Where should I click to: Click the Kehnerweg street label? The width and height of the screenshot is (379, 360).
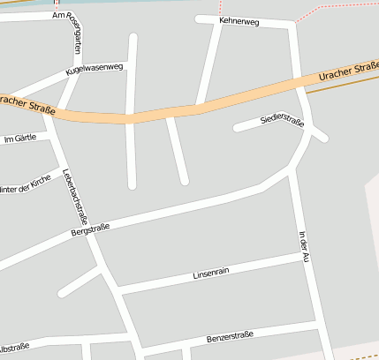(x=239, y=20)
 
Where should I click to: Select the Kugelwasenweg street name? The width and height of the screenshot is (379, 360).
(x=93, y=70)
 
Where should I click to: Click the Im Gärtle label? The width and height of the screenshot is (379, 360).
(x=21, y=139)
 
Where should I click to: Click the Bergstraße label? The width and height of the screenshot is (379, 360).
(x=90, y=232)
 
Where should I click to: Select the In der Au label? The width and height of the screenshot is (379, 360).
(x=303, y=246)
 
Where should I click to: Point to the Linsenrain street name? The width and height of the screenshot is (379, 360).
(x=211, y=272)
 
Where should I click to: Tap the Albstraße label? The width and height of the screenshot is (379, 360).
(x=14, y=347)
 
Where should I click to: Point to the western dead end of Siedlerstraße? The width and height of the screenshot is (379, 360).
(x=236, y=129)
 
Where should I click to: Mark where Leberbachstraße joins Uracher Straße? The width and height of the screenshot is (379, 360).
(x=51, y=113)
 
